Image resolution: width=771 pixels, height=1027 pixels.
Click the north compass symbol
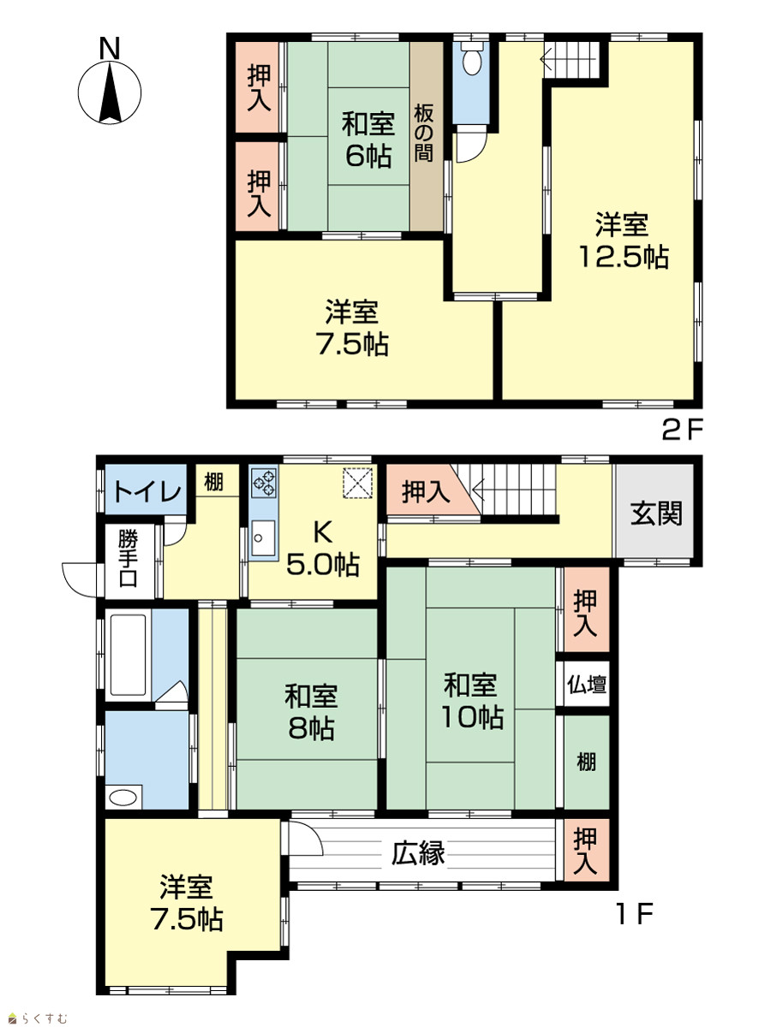[110, 86]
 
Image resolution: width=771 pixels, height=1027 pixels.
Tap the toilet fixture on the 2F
[471, 58]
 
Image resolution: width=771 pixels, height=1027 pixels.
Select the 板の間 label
[424, 134]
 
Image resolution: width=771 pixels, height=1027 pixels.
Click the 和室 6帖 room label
[368, 140]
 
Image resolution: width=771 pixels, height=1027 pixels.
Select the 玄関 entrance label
[656, 513]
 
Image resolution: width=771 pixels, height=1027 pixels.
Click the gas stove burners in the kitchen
[264, 483]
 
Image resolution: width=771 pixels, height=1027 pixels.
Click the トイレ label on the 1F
[146, 491]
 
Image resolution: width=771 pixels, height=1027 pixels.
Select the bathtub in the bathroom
[128, 655]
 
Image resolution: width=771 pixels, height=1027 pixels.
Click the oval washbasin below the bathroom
[123, 797]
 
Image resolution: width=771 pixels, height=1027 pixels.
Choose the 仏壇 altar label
[587, 686]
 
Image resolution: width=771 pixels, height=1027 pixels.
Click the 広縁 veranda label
[418, 852]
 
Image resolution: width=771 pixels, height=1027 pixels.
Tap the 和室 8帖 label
[311, 712]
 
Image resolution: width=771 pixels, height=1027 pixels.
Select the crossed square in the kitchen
[358, 483]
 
